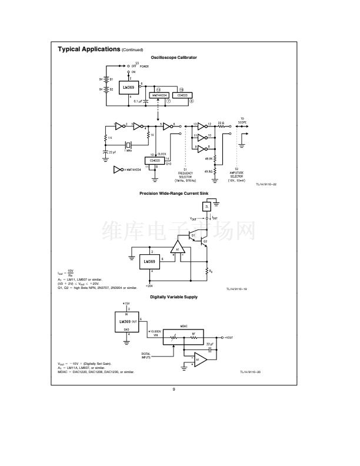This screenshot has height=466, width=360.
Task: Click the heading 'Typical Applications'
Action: (88, 49)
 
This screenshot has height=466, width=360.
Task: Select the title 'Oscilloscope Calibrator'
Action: (174, 58)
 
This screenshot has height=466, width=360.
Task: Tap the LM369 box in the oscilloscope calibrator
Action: (128, 88)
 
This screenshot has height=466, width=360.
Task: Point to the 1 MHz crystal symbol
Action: (129, 145)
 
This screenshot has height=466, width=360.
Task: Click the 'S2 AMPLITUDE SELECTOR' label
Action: (236, 174)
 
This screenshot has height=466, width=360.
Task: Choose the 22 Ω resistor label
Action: (221, 122)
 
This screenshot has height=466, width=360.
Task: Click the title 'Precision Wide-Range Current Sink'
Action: (174, 193)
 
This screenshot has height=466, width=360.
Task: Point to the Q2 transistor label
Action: (205, 241)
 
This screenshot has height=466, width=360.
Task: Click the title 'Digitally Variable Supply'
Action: (174, 297)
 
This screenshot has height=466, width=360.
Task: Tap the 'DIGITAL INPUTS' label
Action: (146, 355)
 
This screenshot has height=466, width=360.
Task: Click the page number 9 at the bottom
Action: (174, 388)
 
